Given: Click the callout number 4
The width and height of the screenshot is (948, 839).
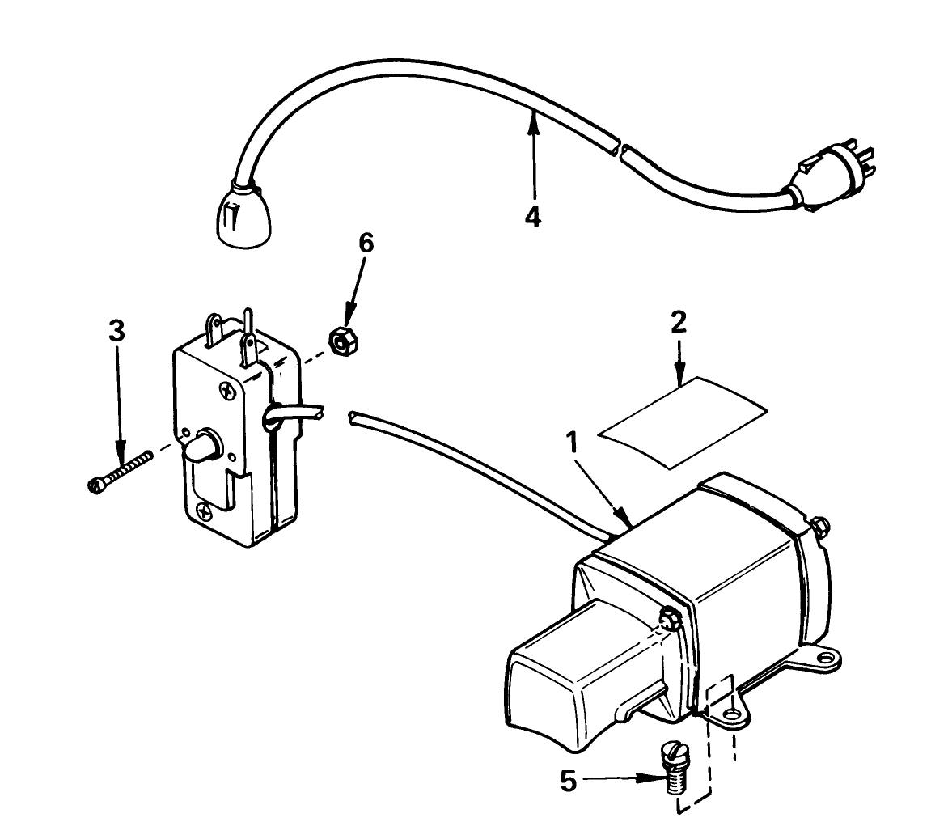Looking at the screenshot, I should tap(532, 218).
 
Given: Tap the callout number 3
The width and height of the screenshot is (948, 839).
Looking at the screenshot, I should tap(118, 330).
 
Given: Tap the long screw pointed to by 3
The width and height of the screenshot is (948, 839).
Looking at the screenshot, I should tap(119, 472).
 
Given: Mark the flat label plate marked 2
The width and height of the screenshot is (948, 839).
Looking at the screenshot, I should tap(681, 419).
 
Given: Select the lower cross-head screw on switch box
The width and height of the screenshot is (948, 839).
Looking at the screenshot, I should tap(203, 511).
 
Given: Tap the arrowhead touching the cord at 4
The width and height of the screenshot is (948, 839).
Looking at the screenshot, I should tap(533, 121).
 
